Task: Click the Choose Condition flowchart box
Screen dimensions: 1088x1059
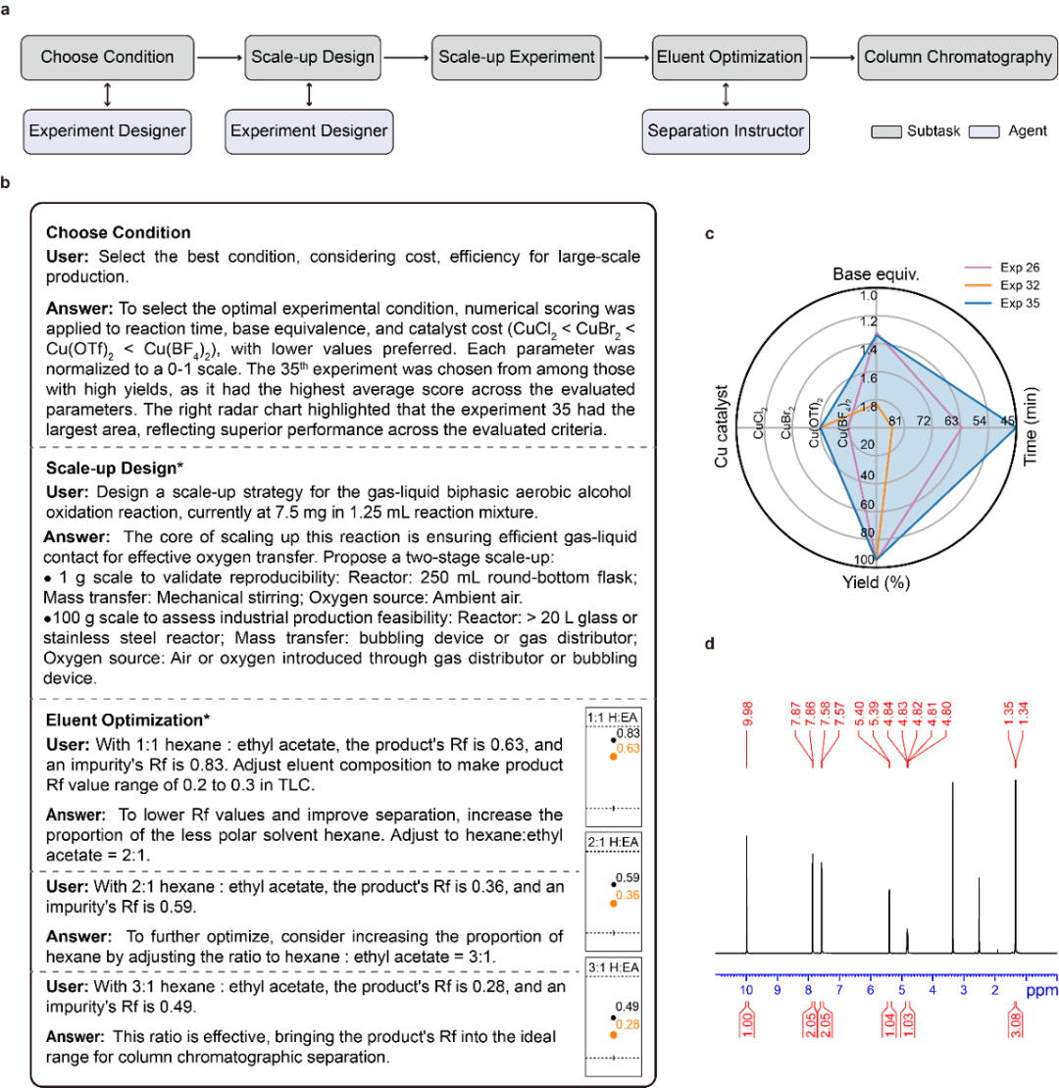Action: [108, 58]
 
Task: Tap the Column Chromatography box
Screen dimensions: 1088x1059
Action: [956, 58]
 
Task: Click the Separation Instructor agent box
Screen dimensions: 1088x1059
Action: [726, 130]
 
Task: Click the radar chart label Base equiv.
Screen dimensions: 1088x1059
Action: [876, 272]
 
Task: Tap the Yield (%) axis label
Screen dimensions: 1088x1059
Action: [877, 582]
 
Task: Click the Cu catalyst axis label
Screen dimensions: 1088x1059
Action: [725, 425]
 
